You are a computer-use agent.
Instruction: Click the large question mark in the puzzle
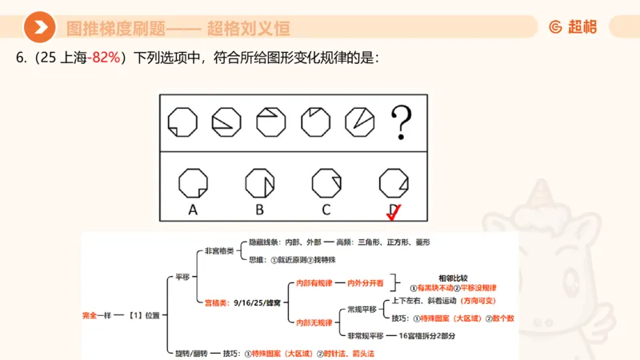(x=402, y=123)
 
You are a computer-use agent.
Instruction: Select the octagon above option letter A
(x=192, y=182)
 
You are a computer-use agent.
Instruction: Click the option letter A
(x=192, y=210)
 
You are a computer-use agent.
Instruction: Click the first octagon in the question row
(x=182, y=122)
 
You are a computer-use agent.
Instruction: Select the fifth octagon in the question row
(x=358, y=122)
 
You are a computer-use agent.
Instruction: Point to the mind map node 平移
(x=182, y=278)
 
